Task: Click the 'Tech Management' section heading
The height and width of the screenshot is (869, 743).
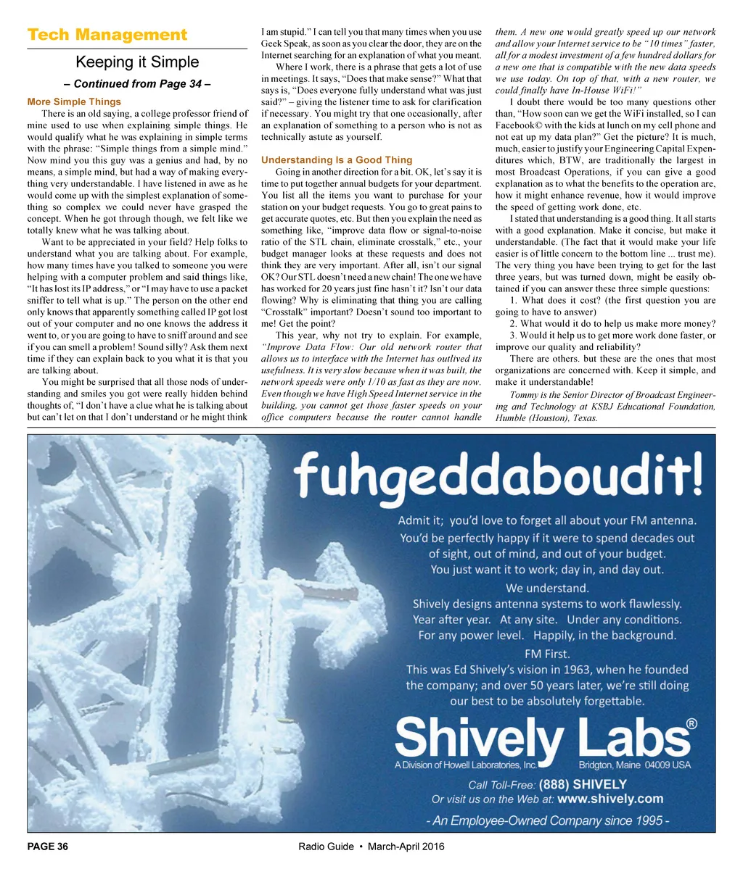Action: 107,35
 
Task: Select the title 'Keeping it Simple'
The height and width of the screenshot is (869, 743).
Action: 137,62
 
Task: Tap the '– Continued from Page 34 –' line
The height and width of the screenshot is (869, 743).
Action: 137,84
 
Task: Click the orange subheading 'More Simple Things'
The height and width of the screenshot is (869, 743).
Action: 74,102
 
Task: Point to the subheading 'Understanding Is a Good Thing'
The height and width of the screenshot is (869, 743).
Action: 337,160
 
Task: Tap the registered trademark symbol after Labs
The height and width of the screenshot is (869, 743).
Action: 691,723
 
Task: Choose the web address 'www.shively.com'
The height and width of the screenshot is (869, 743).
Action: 610,799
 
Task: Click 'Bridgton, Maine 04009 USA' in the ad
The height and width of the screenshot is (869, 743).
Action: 634,765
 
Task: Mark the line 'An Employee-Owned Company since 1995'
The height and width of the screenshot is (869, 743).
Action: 547,820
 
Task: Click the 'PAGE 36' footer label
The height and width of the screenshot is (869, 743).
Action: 48,847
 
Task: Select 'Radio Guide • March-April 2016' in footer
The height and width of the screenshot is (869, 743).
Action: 371,847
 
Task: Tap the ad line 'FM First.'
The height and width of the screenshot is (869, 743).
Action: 547,653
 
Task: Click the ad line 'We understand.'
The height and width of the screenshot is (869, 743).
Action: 547,588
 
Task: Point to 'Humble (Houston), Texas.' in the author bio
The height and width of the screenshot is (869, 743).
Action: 546,418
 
